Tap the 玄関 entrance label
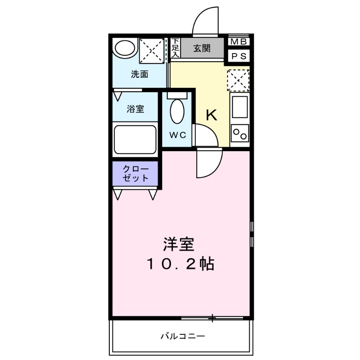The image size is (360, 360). click(202, 49)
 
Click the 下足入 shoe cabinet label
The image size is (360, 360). click(175, 48)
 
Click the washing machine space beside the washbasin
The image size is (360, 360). click(151, 50)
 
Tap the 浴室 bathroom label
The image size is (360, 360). click(135, 109)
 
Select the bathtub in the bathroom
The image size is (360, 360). click(135, 139)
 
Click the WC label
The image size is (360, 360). click(177, 135)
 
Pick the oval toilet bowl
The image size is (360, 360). click(178, 111)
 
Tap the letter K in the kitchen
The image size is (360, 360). click(211, 115)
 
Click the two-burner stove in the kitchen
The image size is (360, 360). click(239, 134)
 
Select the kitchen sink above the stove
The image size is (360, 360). click(239, 106)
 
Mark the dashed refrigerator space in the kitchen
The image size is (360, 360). click(238, 81)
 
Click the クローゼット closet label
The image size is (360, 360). click(135, 173)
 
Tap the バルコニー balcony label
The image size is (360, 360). click(183, 336)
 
